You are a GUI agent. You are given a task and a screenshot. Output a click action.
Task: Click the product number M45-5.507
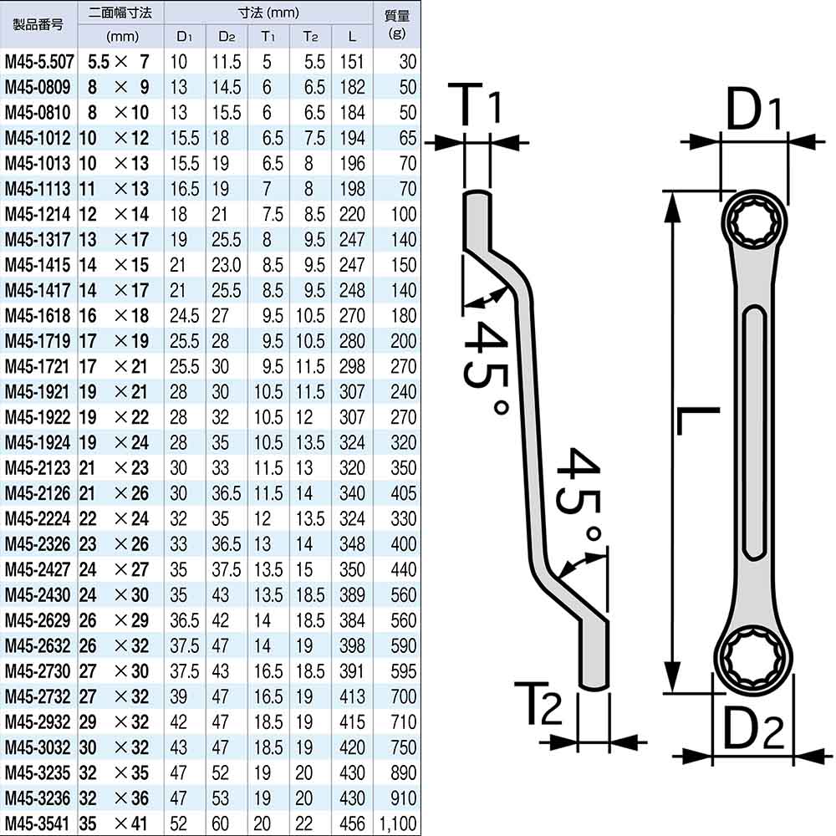tap(39, 62)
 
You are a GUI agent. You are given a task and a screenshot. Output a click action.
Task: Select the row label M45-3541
tap(38, 823)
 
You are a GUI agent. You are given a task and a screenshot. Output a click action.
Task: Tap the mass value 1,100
tap(398, 824)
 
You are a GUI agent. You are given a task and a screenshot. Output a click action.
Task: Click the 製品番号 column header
tap(38, 24)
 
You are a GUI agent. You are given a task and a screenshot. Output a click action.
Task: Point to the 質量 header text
tap(397, 15)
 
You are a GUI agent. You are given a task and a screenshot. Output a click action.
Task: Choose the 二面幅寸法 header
tap(120, 13)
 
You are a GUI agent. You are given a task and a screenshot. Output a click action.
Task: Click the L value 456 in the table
tap(352, 823)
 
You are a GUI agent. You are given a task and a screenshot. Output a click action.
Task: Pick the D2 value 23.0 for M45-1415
tap(226, 265)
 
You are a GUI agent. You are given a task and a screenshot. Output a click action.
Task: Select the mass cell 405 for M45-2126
tap(403, 494)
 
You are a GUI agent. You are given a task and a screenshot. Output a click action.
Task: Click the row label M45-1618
tap(38, 316)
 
